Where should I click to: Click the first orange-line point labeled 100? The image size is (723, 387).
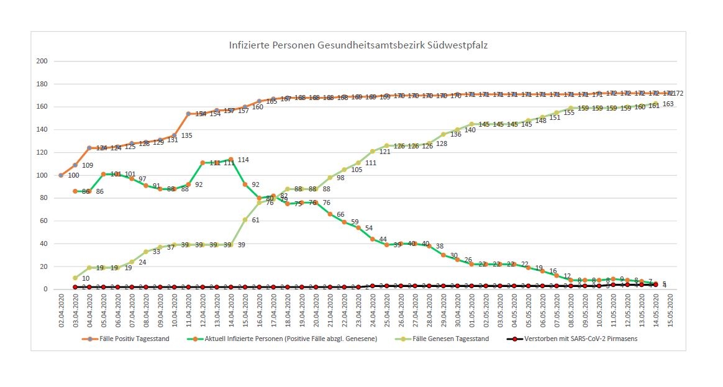pos(61,175)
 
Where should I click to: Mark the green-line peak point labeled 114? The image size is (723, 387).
pos(231,160)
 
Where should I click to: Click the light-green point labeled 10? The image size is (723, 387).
pos(75,278)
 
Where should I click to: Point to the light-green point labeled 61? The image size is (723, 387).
pos(245,220)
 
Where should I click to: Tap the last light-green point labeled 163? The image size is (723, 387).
pos(655,104)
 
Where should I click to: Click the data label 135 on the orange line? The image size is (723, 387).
pos(186,135)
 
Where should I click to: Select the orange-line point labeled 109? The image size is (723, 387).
pos(75,165)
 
